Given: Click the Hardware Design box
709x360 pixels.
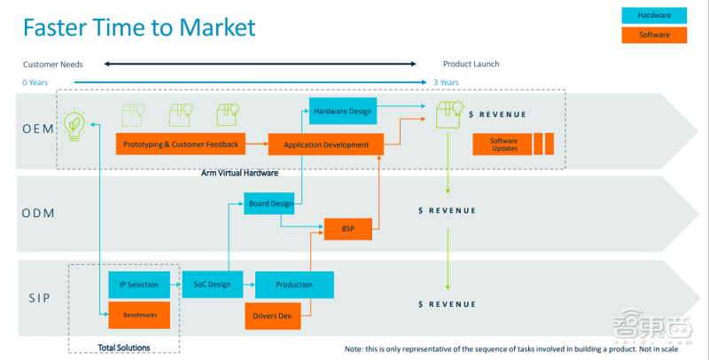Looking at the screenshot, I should pyautogui.click(x=342, y=111).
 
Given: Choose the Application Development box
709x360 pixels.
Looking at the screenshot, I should pyautogui.click(x=326, y=144).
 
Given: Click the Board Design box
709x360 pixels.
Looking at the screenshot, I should pyautogui.click(x=269, y=203).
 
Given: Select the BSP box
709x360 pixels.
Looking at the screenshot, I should pyautogui.click(x=347, y=229).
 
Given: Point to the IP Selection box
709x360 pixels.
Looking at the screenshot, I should pyautogui.click(x=138, y=285).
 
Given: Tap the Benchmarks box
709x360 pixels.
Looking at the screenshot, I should pyautogui.click(x=138, y=314).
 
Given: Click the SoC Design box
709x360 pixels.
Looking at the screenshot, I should pyautogui.click(x=212, y=285).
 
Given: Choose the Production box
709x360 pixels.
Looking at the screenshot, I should pyautogui.click(x=294, y=285).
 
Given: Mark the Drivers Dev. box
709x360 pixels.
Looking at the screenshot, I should pyautogui.click(x=273, y=314).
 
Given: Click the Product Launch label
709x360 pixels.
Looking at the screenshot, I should pyautogui.click(x=471, y=64).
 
